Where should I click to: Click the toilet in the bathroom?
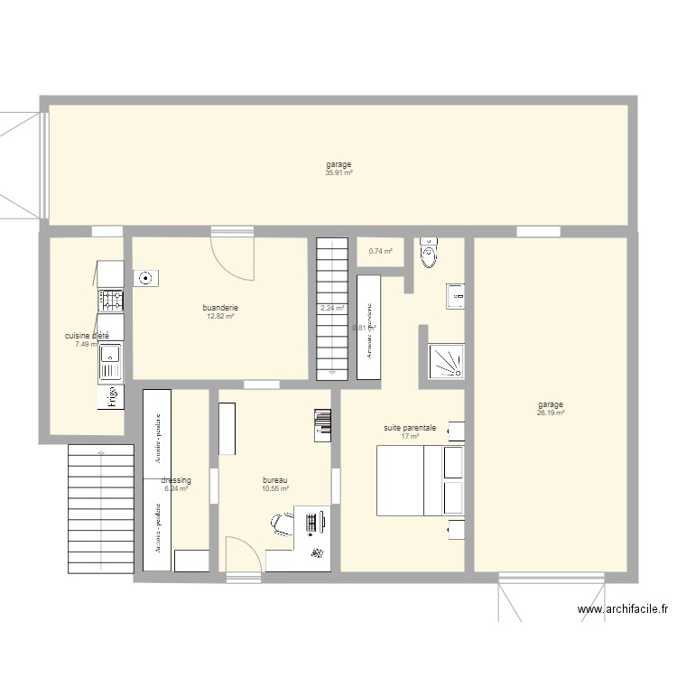point(428,254)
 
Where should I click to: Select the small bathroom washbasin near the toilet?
point(456,295)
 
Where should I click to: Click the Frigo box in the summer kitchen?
point(110,397)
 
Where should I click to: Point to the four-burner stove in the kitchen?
point(110,301)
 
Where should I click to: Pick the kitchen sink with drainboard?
point(109,360)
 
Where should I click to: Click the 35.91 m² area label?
point(338,172)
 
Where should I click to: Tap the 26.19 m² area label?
point(550,413)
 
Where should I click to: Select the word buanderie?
point(220,308)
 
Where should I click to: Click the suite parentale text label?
point(409,428)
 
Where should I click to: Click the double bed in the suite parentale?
point(421,482)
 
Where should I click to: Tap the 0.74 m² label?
point(380,252)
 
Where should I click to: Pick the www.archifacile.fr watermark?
point(622,610)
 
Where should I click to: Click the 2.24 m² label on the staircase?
point(332,309)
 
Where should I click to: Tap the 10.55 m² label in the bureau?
point(274,488)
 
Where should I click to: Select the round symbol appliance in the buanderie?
point(144,277)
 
